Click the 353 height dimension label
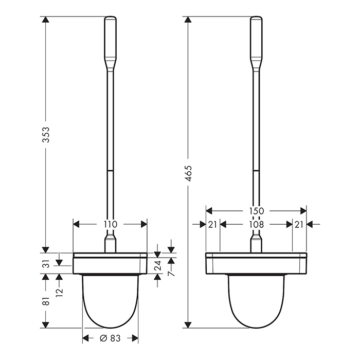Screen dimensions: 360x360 coord(46,135)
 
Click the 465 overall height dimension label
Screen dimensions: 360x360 coord(189,173)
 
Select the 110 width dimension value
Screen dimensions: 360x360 coord(111,224)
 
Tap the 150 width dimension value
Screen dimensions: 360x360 coord(256,210)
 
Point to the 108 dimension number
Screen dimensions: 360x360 coord(257,224)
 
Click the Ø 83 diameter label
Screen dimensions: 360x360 coord(110,338)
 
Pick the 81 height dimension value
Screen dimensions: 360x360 coord(46,300)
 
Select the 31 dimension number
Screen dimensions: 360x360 coord(46,264)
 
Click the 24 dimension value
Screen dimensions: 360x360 coord(157,265)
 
